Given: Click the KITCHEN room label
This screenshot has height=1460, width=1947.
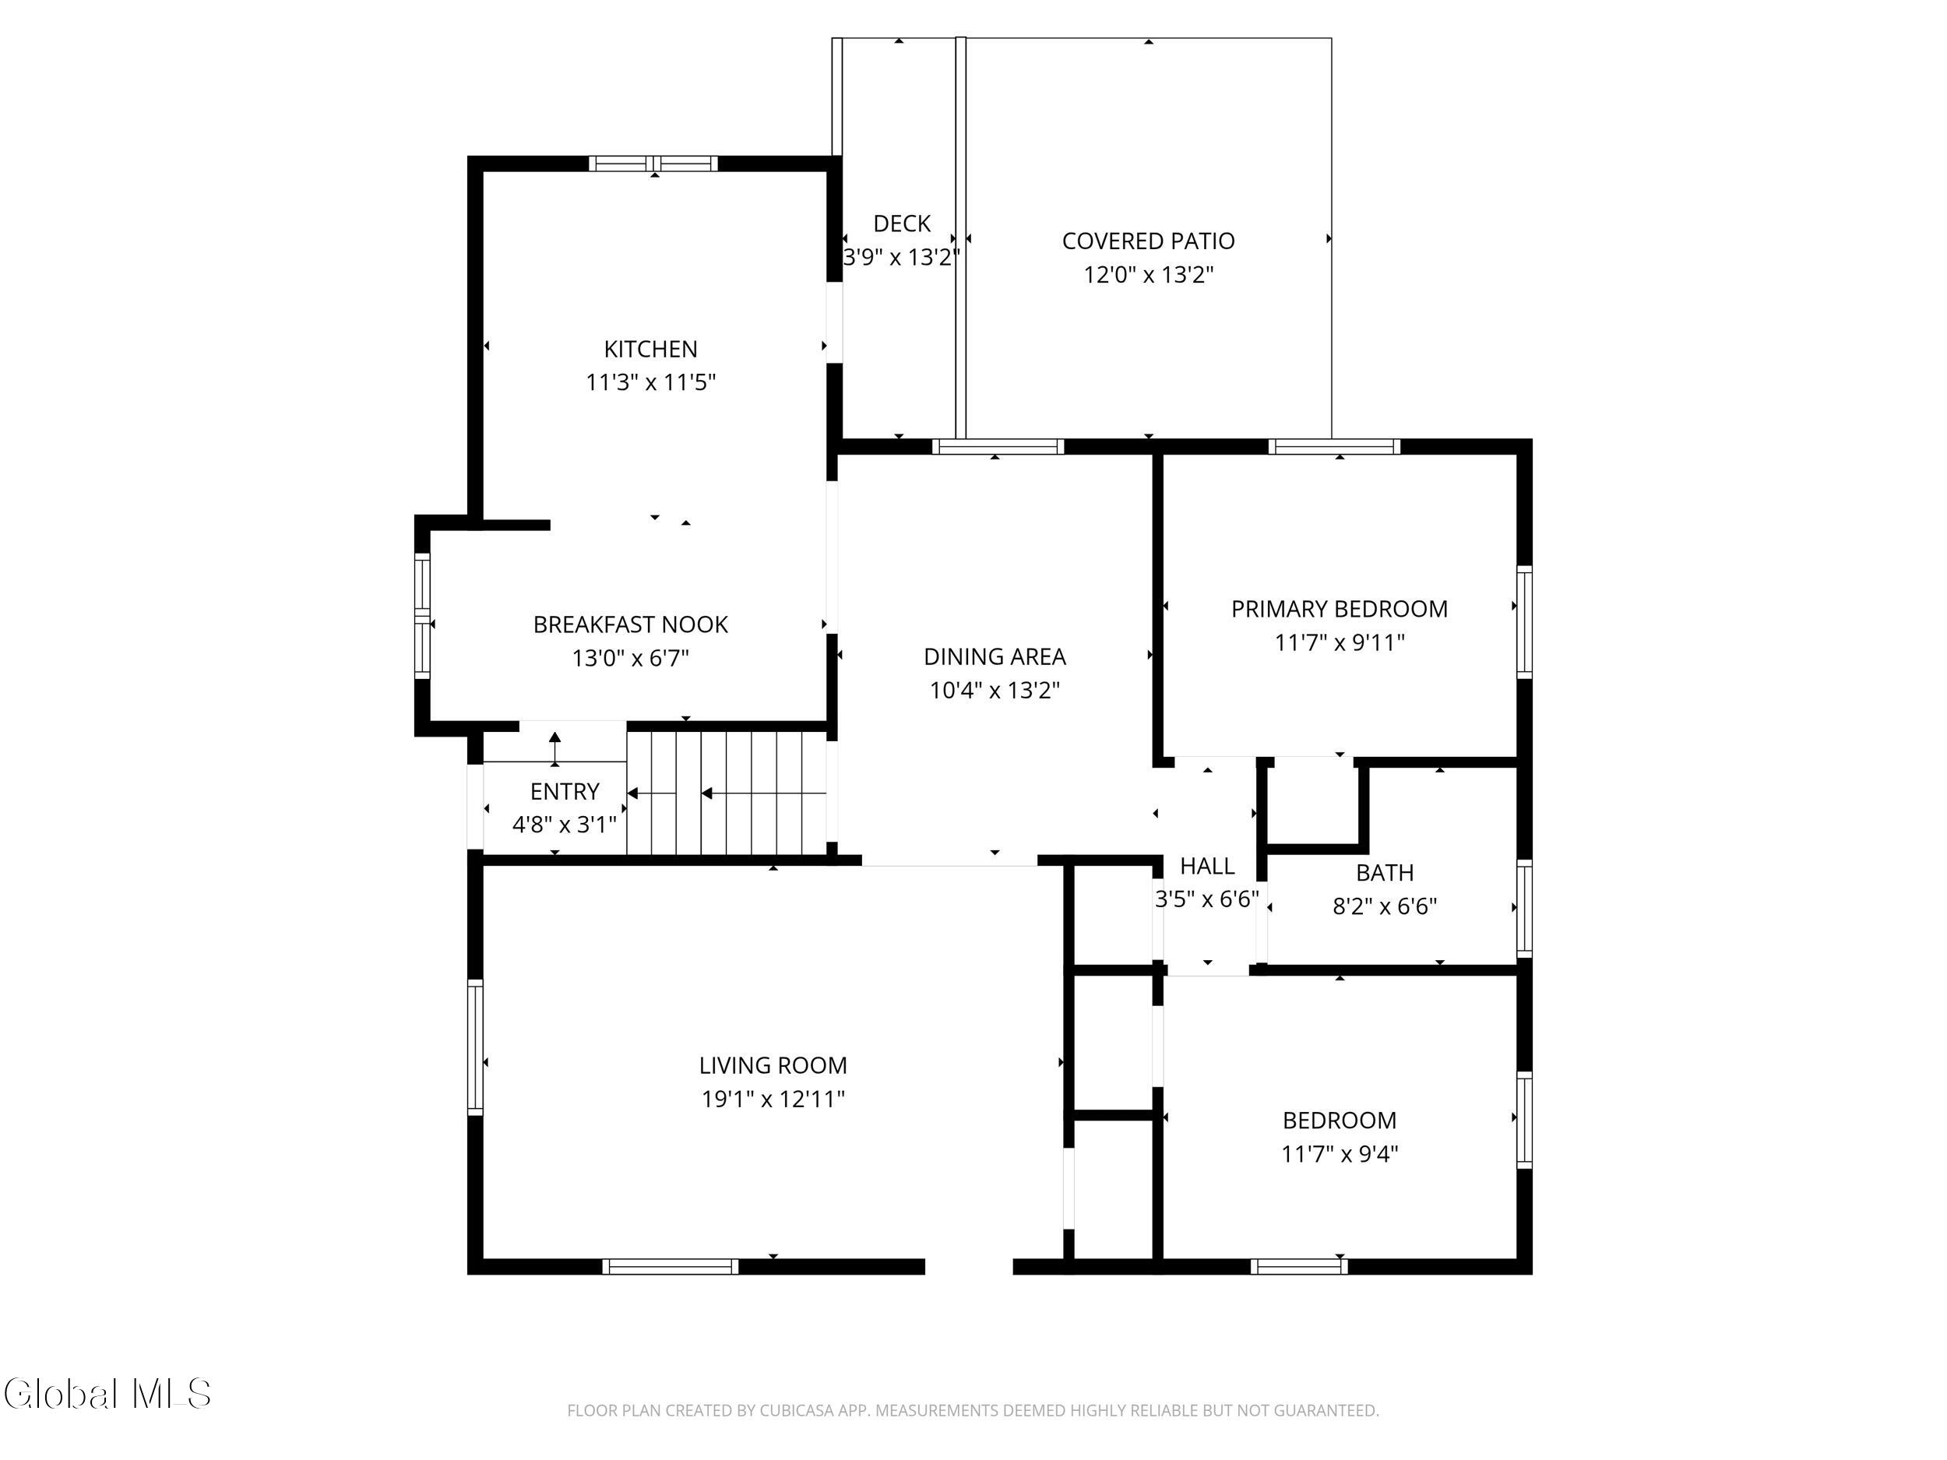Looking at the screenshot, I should pyautogui.click(x=650, y=350).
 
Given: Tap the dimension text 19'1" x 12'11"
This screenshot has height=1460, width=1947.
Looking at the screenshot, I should pyautogui.click(x=773, y=1099).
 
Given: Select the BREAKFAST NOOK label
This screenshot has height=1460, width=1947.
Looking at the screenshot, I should pyautogui.click(x=630, y=624).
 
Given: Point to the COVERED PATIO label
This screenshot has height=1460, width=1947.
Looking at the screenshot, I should pyautogui.click(x=1148, y=241).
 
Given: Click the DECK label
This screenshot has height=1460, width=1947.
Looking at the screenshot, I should pyautogui.click(x=901, y=223).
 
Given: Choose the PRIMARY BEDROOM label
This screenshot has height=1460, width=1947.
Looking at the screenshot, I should pyautogui.click(x=1339, y=609).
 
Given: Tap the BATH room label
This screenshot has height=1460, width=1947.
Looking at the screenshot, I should pyautogui.click(x=1385, y=873).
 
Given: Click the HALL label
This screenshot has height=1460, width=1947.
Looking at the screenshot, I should pyautogui.click(x=1207, y=866).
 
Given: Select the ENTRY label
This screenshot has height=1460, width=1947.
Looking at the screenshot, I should pyautogui.click(x=564, y=791).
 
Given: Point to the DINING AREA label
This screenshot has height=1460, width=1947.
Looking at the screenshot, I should pyautogui.click(x=995, y=656).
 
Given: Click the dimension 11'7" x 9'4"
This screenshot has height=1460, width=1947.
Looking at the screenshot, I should pyautogui.click(x=1339, y=1154).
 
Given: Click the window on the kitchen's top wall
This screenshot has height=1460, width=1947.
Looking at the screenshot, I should pyautogui.click(x=653, y=164).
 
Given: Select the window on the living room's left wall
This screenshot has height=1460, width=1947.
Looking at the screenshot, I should pyautogui.click(x=475, y=1047).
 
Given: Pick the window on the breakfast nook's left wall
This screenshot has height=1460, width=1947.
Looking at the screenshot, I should pyautogui.click(x=422, y=614).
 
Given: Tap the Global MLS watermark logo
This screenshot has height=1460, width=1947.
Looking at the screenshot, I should pyautogui.click(x=107, y=1395).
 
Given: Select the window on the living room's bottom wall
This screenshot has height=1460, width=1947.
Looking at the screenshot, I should pyautogui.click(x=671, y=1266).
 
